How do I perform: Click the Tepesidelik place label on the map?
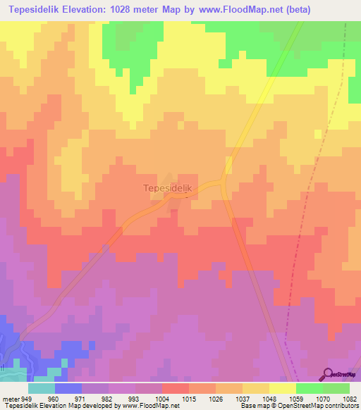(x=167, y=189)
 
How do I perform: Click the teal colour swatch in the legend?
(x=42, y=388)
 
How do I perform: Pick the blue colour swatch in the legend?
(x=68, y=388)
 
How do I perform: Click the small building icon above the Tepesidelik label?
(x=167, y=178)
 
